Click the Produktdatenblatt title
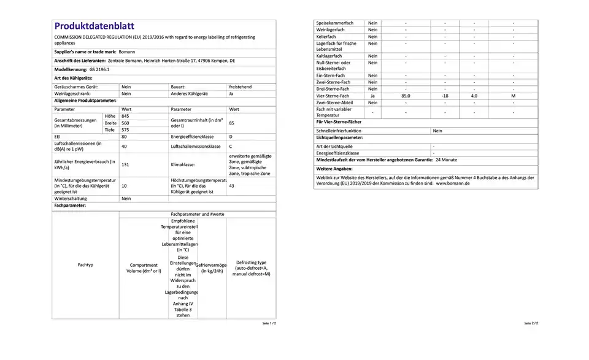click(x=94, y=26)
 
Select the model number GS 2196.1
click(x=82, y=70)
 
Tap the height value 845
click(x=126, y=116)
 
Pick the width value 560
click(x=126, y=123)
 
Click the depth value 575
click(x=126, y=130)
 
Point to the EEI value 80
click(x=125, y=137)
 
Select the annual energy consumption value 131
click(x=125, y=165)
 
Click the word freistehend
click(x=240, y=87)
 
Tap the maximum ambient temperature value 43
click(x=231, y=186)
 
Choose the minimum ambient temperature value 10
click(x=124, y=186)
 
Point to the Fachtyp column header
click(x=85, y=265)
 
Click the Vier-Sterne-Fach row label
click(x=333, y=96)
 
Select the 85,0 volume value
click(x=406, y=96)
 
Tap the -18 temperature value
click(x=445, y=96)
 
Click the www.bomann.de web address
click(x=453, y=183)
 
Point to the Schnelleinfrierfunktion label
click(x=339, y=131)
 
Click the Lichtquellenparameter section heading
click(x=343, y=138)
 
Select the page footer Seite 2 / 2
click(x=531, y=323)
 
